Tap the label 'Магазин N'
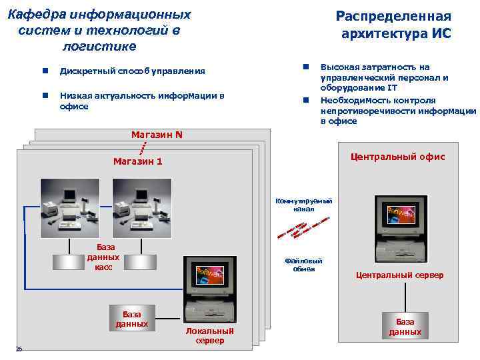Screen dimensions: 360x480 tap(157, 135)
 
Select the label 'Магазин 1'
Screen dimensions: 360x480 tap(137, 161)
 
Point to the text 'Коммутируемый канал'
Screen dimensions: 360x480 tap(303, 205)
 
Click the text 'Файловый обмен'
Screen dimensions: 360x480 tap(303, 265)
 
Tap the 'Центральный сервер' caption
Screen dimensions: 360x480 tap(399, 275)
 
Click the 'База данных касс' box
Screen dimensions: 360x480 tap(103, 257)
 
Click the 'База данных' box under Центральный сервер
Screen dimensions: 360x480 tap(405, 327)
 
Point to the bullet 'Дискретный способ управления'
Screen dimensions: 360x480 tap(132, 71)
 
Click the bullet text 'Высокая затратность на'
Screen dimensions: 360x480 tap(375, 67)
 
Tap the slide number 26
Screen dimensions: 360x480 tap(19, 349)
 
